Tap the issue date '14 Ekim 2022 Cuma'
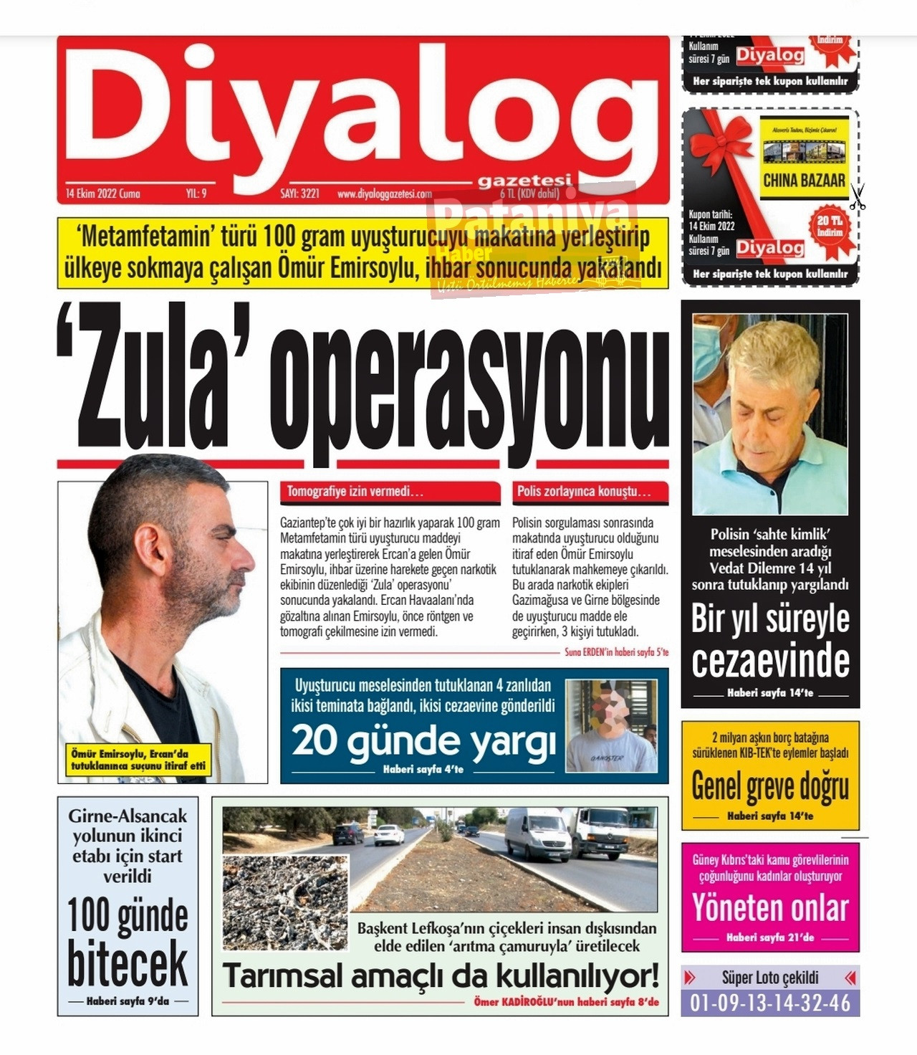point(103,194)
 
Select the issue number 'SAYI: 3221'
point(299,194)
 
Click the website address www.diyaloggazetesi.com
point(385,194)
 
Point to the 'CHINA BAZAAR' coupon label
point(804,180)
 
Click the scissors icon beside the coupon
point(858,196)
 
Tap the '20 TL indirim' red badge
point(830,226)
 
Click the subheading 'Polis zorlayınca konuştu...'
point(584,492)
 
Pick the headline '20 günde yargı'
point(423,741)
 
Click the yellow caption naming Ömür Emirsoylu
point(138,760)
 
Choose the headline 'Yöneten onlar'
point(770,908)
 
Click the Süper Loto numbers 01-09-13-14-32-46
point(770,1003)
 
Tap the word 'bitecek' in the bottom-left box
point(128,964)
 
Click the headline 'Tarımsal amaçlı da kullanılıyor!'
point(441,976)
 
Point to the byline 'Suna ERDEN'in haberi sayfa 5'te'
point(616,652)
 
